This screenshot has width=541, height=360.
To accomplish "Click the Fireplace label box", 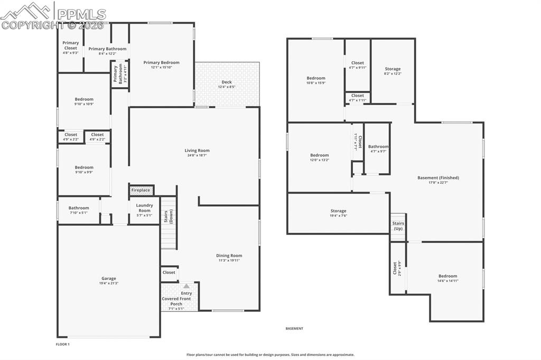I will tap(141, 190).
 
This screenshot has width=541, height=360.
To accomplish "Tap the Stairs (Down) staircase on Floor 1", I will tap(169, 222).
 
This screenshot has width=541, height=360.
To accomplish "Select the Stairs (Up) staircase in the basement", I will tap(398, 226).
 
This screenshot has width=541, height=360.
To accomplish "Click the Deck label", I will tap(226, 82).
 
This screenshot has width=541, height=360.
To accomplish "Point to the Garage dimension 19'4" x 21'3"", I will tap(109, 283).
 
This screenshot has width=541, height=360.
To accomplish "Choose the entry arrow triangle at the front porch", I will tap(186, 286).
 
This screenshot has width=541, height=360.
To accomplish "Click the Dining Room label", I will tap(229, 255).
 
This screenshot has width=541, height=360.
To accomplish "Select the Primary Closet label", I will tap(71, 45).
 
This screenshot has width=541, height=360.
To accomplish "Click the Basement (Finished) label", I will tap(438, 178).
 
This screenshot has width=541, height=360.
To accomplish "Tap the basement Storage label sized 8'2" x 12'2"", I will tap(393, 69).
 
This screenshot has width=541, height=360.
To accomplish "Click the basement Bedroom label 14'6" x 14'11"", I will tap(447, 276).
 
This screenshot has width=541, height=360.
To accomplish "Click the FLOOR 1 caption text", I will tap(63, 344).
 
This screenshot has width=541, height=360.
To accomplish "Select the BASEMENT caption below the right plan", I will tap(294, 328).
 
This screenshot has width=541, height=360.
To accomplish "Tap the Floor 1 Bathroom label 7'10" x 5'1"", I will tap(79, 208).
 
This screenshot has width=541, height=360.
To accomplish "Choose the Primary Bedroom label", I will tap(161, 62).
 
